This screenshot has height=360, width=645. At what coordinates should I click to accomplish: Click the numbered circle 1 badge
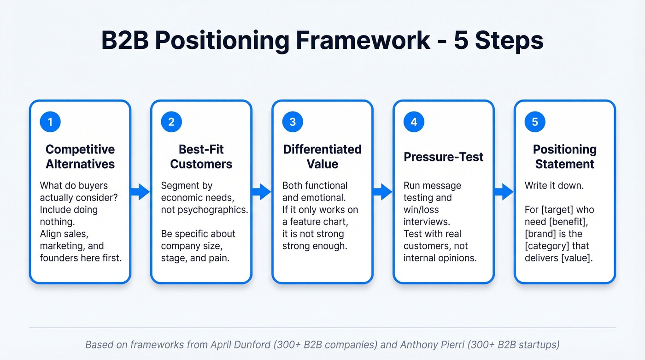pos(50,122)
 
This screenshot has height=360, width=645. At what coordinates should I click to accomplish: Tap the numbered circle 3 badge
pos(293,122)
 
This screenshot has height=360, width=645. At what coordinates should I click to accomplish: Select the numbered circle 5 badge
pos(535,122)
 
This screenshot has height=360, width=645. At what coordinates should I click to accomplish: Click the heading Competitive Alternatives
pos(80,157)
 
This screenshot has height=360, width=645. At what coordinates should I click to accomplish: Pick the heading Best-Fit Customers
pos(201,157)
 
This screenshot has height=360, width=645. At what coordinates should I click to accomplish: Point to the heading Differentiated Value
pos(322,157)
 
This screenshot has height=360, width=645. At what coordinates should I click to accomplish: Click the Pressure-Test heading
pos(443,157)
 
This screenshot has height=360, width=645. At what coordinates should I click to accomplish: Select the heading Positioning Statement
pos(564,157)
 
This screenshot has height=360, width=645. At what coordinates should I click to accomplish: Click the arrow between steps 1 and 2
pos(141,192)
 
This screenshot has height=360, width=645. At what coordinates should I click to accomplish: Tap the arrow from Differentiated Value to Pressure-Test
pos(383,192)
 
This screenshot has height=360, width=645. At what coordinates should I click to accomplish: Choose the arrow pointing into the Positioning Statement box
pos(504,192)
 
